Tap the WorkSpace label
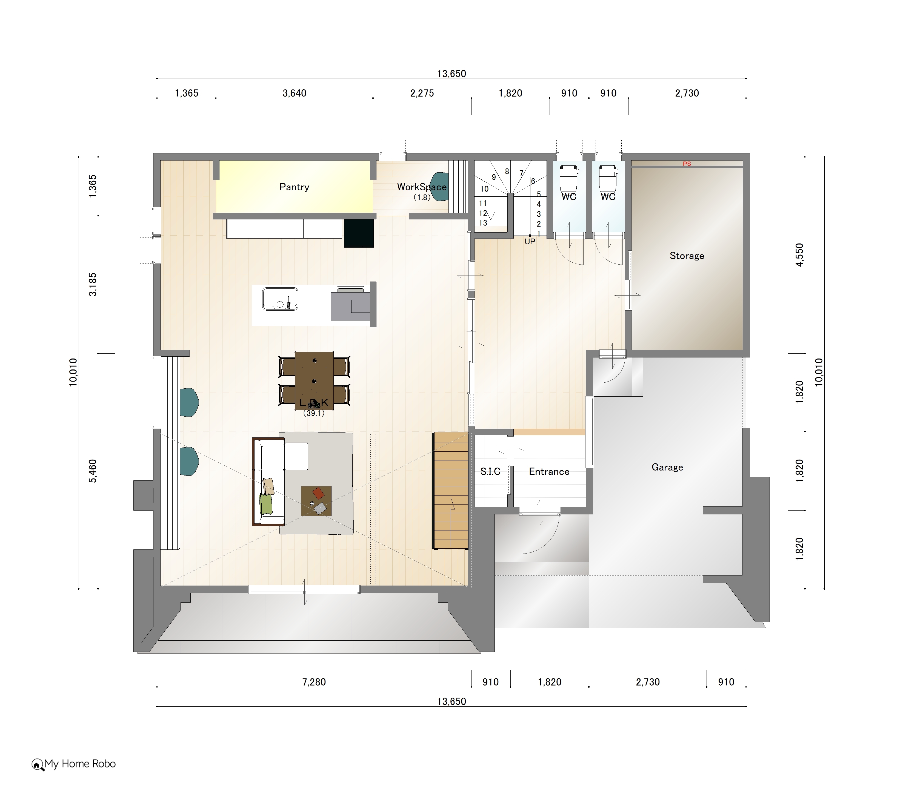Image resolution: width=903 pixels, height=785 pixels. (x=421, y=187)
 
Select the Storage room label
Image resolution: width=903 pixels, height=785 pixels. (x=687, y=256)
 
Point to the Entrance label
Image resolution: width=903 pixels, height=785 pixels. (x=549, y=471)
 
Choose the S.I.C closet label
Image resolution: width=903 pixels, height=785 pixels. (x=490, y=471)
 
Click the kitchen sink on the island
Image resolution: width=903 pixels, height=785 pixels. (x=280, y=299)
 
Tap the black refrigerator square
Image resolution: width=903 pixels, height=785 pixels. (x=359, y=233)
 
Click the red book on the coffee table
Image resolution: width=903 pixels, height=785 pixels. (x=319, y=493)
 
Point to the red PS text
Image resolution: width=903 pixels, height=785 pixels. (x=687, y=164)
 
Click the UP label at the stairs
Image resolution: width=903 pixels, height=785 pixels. (x=530, y=241)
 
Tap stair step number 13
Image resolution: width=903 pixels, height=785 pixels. (x=483, y=223)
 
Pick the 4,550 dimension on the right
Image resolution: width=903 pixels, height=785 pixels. (x=800, y=255)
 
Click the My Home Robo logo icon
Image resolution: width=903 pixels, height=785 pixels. (x=37, y=765)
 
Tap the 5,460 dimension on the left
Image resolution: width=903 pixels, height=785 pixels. (x=93, y=471)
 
